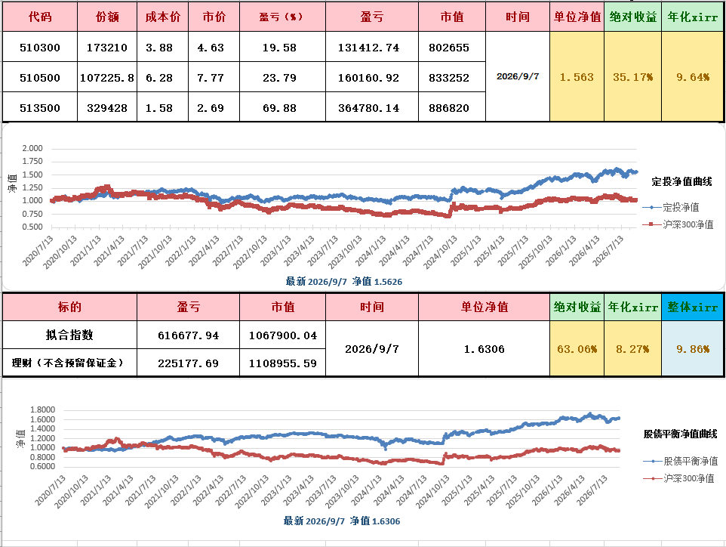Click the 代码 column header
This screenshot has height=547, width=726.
[40, 17]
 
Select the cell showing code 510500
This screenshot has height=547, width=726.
[40, 78]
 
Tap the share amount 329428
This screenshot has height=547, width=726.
[107, 108]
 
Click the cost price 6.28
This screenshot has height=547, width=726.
[159, 78]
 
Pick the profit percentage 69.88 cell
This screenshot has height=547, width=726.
[280, 108]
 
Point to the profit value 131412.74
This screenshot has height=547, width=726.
[368, 48]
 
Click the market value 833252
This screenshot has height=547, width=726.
[449, 78]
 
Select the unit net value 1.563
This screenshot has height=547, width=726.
[577, 77]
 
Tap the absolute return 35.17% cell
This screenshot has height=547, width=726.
[633, 77]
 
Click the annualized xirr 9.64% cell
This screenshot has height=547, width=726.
[693, 77]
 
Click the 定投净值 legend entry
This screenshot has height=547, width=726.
[671, 207]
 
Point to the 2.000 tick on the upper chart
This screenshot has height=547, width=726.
[32, 148]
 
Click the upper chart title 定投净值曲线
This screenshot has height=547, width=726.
[681, 182]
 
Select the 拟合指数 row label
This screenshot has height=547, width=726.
[69, 335]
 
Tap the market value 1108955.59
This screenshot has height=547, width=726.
[283, 363]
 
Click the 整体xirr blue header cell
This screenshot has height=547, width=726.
[693, 307]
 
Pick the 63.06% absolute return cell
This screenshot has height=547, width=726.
[577, 349]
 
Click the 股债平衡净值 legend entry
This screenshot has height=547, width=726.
[681, 461]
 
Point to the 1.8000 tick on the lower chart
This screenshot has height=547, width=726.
[42, 409]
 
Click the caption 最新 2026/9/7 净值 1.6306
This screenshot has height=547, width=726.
[342, 521]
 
